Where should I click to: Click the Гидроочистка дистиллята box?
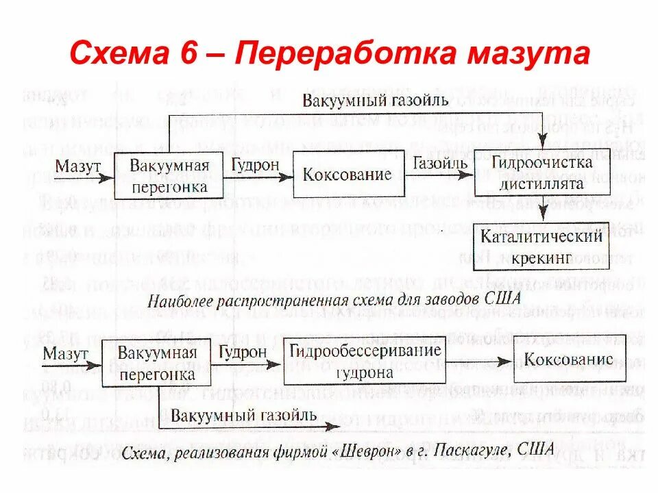point(541,173)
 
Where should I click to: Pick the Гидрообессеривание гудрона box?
point(364,362)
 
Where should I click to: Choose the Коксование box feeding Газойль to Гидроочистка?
point(348,174)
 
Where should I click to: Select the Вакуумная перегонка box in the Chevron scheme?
point(157,364)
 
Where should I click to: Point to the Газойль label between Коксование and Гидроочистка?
point(440,164)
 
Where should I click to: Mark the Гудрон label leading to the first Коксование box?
point(255,165)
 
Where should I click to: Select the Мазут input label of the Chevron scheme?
point(65,354)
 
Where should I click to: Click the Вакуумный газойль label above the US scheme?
point(376,101)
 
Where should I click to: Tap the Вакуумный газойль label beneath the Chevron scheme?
point(243,416)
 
